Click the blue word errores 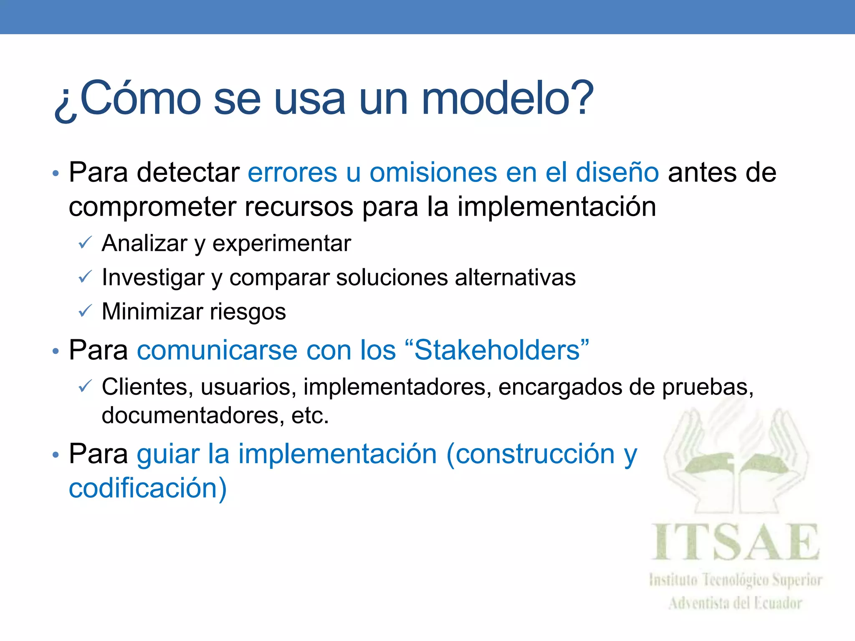(292, 172)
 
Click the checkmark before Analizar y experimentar (85, 242)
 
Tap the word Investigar (153, 278)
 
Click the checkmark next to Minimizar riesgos (85, 311)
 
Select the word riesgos (248, 312)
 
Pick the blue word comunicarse (217, 350)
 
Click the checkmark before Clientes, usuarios (85, 387)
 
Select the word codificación (147, 488)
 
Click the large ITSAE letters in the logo (735, 542)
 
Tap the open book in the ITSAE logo (736, 465)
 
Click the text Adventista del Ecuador (735, 603)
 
